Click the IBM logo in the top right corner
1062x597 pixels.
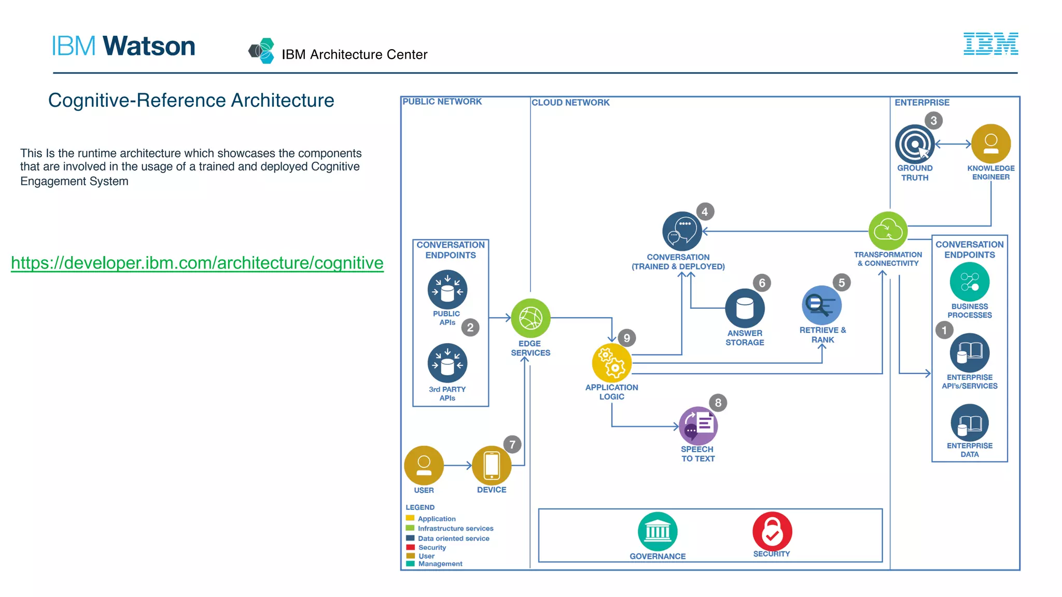[x=990, y=44]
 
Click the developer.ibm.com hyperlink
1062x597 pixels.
[x=197, y=263]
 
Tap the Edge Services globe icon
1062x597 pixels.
[x=530, y=318]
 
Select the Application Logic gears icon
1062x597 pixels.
[x=612, y=363]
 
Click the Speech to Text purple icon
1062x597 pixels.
[x=698, y=425]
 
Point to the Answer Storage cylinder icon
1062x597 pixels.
[x=745, y=308]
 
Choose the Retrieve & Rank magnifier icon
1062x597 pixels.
[x=821, y=305]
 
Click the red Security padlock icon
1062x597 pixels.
[x=772, y=532]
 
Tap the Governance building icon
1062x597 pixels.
[x=658, y=532]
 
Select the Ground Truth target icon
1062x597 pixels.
[x=915, y=144]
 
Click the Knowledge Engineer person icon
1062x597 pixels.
[x=990, y=144]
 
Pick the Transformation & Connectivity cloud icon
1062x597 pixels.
[x=888, y=231]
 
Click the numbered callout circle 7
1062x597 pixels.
[x=512, y=445]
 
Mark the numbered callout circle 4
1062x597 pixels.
[x=705, y=211]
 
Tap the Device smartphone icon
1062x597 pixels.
[x=492, y=465]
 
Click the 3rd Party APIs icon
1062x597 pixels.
[x=447, y=363]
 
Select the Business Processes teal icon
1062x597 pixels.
[x=969, y=282]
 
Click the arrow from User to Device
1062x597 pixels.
[x=457, y=465]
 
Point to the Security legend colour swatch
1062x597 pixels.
[x=410, y=547]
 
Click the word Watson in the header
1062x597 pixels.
[x=149, y=46]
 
